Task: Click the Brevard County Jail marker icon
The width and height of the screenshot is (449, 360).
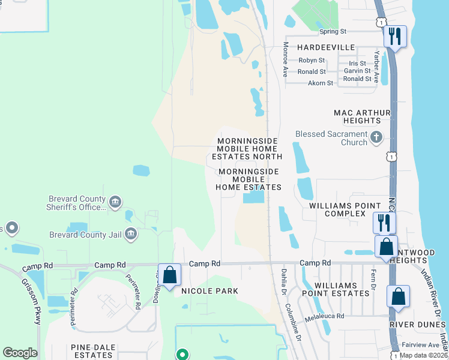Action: [131, 234]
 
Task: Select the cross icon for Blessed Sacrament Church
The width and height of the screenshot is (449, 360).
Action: [376, 137]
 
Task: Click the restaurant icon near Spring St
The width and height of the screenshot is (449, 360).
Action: [394, 37]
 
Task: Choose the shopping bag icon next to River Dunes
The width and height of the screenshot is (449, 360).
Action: [398, 296]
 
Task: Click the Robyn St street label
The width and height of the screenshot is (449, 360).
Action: [312, 61]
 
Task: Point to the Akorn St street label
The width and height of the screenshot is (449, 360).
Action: [319, 83]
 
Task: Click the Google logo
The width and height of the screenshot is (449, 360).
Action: [20, 353]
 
